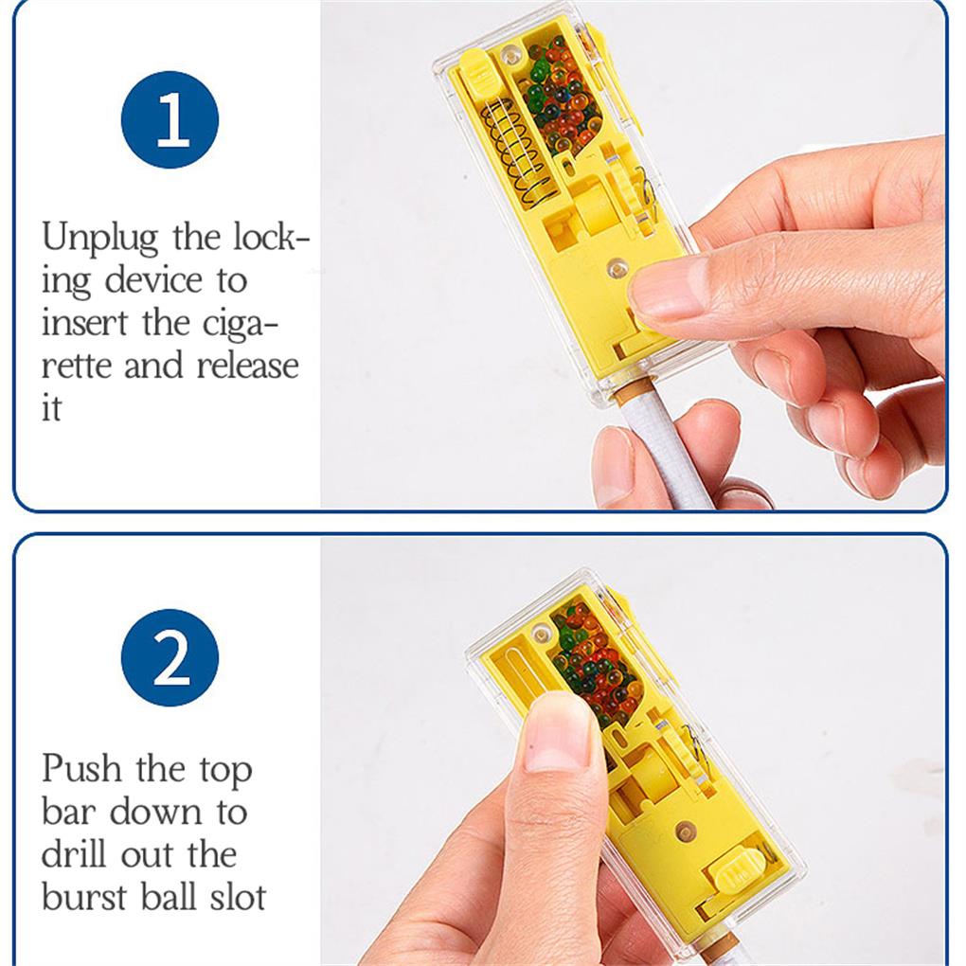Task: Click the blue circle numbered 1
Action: [170, 119]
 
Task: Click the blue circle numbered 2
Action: [170, 657]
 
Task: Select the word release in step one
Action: [248, 366]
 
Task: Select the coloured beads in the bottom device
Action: [595, 656]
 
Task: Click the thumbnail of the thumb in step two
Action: [558, 733]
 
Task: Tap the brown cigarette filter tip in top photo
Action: [632, 389]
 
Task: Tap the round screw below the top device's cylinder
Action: [617, 269]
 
